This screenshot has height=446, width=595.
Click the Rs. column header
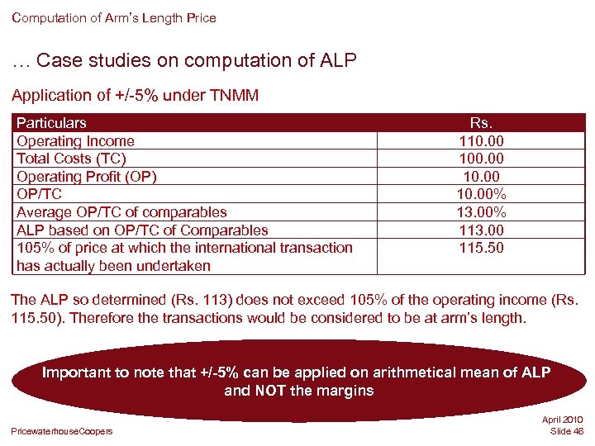coord(481,123)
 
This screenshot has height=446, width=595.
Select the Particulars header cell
coord(51,123)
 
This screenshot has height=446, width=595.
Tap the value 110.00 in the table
coord(481,141)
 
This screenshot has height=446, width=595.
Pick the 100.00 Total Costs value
coord(481,159)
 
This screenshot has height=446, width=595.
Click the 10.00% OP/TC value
coord(481,194)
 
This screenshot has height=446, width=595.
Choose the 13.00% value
coord(481,212)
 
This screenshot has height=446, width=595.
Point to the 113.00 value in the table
coord(481,230)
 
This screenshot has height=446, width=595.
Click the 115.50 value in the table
coord(481,248)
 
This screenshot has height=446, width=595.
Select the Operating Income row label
coord(75,141)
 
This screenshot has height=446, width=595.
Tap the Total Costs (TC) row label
coord(71,159)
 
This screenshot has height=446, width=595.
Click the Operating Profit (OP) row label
coord(87,177)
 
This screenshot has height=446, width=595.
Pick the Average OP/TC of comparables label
coord(121,212)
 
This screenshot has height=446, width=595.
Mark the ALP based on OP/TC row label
coord(142,230)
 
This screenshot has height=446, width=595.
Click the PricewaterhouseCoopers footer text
coord(62,430)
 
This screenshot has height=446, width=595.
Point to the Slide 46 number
coord(566,431)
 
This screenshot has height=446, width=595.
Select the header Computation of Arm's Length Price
coord(114,17)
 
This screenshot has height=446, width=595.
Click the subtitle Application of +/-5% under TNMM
coord(135,96)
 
